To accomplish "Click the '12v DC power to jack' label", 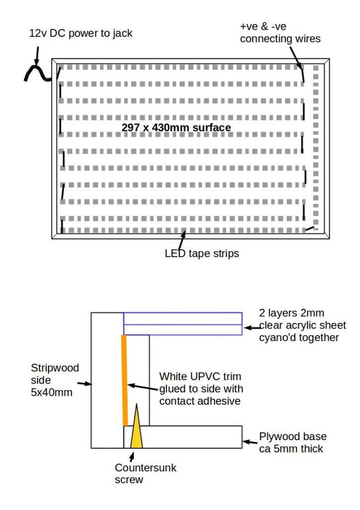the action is pos(81,33).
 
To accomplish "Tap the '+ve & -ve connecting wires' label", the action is pos(280,32).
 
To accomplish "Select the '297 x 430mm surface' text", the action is pos(176,127).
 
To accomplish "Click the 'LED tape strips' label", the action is pos(202,254).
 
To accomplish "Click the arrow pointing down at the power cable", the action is pos(37,56).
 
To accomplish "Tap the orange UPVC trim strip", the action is pos(124,380).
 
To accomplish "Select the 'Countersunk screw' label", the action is pos(145,474).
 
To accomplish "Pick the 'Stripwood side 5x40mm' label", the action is pos(55,380).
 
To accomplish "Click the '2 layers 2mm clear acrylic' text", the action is pos(302,319).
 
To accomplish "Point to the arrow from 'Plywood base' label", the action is pos(250,442).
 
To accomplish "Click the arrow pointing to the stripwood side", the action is pos(84,384).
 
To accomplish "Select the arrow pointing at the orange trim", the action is pos(143,387).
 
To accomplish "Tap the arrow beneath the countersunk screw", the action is pos(132,457).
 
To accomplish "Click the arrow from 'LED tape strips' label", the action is pos(182,241).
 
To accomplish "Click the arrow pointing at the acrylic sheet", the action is pos(252,328).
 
